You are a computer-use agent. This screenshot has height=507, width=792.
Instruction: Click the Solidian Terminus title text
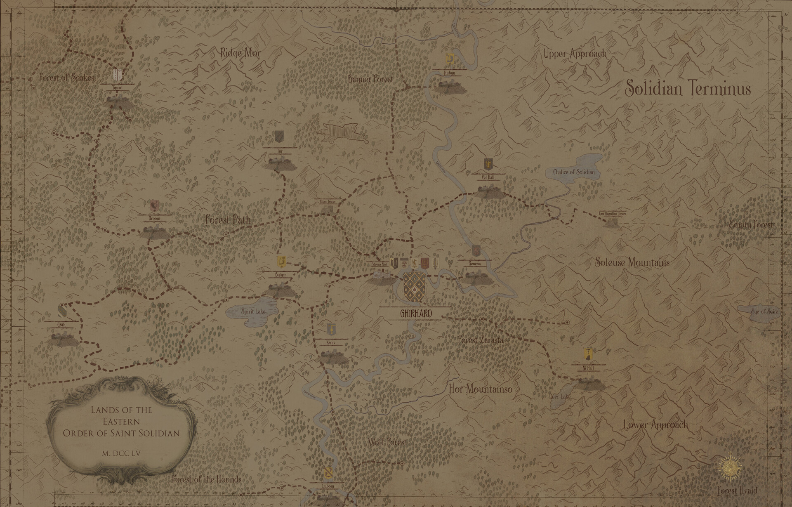688,88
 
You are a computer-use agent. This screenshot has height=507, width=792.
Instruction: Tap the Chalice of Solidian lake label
574,172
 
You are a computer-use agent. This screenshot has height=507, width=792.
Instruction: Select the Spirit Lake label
253,311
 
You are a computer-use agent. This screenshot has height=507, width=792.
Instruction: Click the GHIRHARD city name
416,314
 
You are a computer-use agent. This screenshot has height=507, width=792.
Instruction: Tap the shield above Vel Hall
487,163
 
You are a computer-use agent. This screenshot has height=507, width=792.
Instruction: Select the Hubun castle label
449,73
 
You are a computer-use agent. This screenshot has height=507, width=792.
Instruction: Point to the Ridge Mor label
240,53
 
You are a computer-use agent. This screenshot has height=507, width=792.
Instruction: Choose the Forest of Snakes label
67,77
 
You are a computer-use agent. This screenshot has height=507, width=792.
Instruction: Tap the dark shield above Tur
279,136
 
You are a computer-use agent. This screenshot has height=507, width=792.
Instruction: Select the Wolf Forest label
387,442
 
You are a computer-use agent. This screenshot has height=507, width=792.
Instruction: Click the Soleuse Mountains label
632,262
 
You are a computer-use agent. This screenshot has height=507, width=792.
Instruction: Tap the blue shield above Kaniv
331,329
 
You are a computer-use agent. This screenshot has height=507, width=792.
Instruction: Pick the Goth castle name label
61,325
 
